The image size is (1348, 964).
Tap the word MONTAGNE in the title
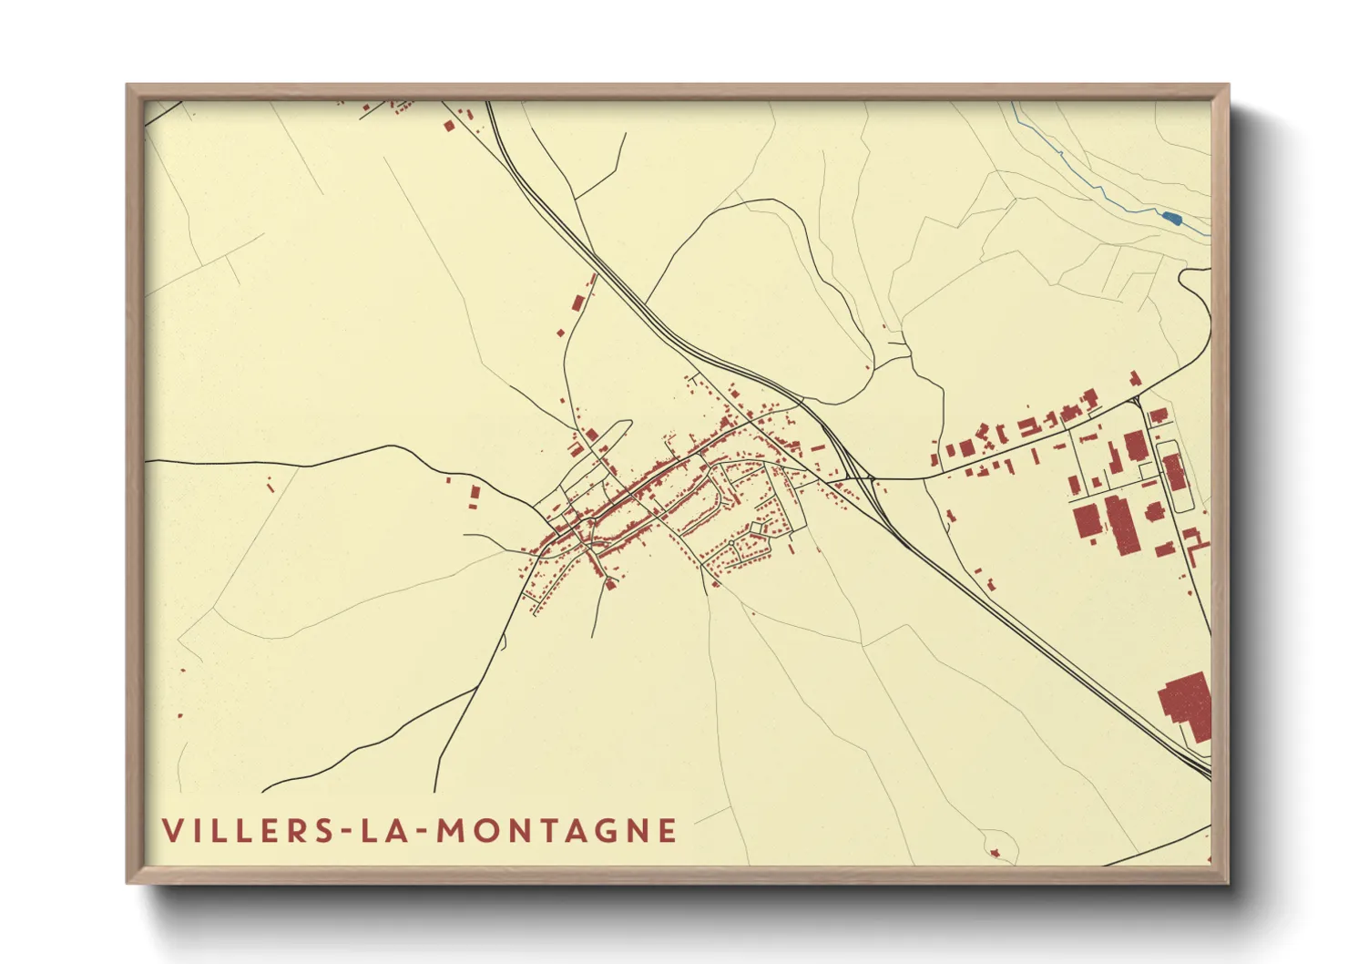(557, 831)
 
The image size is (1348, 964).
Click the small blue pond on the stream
(1172, 217)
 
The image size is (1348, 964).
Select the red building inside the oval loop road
(1175, 472)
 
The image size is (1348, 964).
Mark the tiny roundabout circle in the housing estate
(730, 544)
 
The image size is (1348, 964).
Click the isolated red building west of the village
(474, 497)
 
